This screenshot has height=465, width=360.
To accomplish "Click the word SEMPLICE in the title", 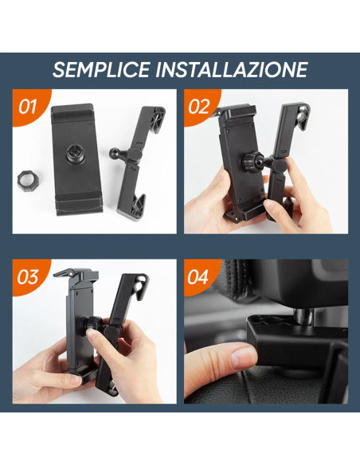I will coord(101,69).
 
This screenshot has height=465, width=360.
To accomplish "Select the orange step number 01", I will coord(28,106).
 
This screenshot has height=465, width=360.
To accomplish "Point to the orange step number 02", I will coord(200,106).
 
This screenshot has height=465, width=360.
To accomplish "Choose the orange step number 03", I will coord(28,277).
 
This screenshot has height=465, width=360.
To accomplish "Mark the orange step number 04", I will coord(200,277).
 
